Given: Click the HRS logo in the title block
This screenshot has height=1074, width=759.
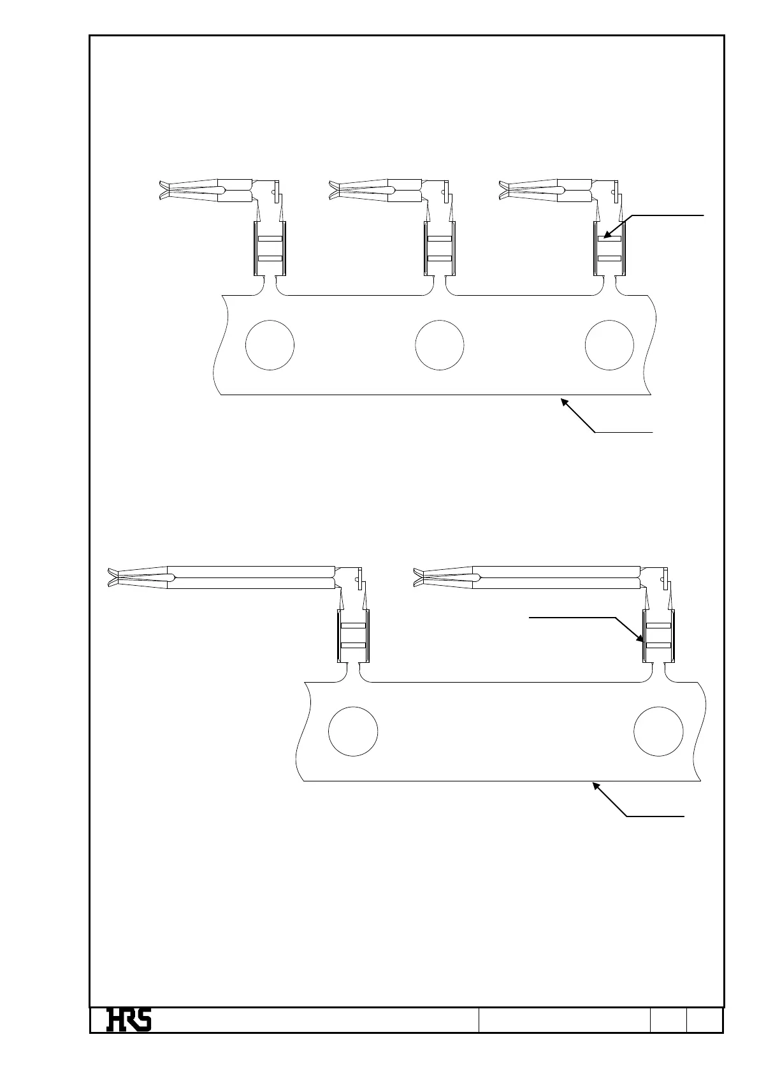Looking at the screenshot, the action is tap(129, 1019).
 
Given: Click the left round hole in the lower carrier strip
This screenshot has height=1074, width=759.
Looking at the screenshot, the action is tap(353, 731).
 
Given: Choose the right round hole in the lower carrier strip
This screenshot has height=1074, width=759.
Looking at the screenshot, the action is tap(659, 731).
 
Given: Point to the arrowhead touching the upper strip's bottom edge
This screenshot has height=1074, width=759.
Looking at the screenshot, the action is tap(564, 401).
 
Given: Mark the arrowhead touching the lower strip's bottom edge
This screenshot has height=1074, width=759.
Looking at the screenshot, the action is tap(597, 787).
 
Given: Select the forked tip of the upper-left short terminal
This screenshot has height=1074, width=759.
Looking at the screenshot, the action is tap(164, 189).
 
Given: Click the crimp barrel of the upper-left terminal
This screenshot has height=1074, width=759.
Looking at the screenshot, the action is tap(270, 249).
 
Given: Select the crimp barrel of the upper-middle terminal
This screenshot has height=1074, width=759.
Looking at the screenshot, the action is tap(440, 249).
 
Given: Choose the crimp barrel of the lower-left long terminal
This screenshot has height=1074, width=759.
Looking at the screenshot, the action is tap(353, 636).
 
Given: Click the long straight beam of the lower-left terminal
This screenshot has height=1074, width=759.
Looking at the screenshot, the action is tap(252, 577).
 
